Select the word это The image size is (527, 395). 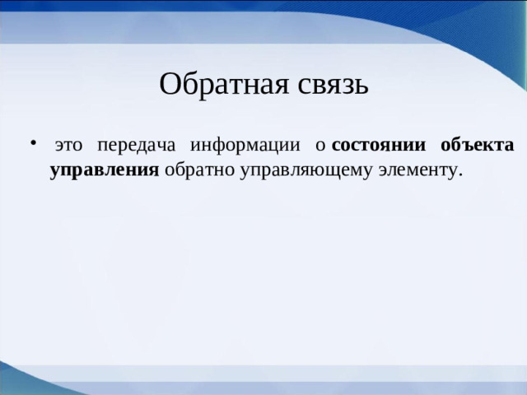[x=68, y=146]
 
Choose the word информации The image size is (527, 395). [x=245, y=146]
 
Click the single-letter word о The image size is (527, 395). [x=321, y=146]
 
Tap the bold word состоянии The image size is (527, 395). [x=378, y=146]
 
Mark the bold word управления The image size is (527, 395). [x=104, y=170]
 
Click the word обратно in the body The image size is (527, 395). [x=195, y=170]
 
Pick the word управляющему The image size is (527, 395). [x=302, y=170]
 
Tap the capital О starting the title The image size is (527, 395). [x=169, y=83]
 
